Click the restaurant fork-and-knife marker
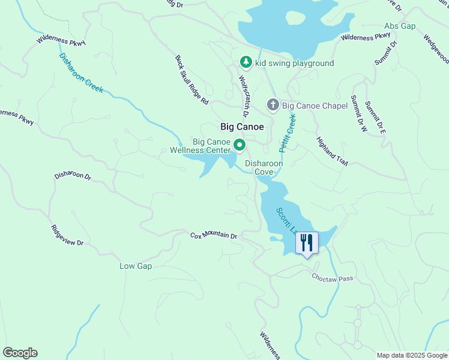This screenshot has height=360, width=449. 307,243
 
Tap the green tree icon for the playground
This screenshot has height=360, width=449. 246,62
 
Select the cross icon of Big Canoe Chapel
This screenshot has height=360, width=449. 273,106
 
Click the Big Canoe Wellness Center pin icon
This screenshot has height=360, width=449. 240,145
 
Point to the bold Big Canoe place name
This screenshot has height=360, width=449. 243,127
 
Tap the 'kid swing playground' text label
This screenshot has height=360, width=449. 294,63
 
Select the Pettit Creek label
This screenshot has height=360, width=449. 288,133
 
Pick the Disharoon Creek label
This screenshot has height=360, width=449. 81,73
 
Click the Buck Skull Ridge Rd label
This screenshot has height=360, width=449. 191,80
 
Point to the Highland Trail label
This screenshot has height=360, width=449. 332,151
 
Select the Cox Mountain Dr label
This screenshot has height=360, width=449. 214,235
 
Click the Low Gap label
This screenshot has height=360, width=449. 136,266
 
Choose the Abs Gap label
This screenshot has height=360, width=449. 400,26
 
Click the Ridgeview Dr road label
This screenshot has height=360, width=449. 67,236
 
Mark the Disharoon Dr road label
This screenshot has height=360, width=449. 73,176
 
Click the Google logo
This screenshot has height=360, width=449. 20,353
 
